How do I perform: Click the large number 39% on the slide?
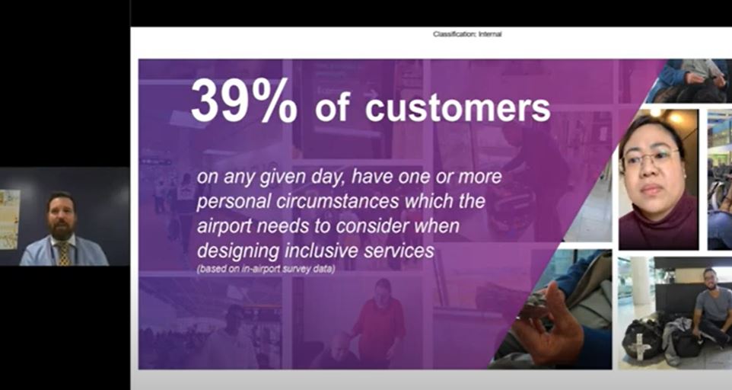coord(243,101)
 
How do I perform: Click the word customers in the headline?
coord(458,108)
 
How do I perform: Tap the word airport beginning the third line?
coord(224,226)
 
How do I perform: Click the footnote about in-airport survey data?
coord(266,270)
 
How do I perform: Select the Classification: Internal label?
coord(467,34)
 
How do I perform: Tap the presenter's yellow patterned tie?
coord(63,254)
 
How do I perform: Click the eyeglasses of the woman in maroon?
coord(651,158)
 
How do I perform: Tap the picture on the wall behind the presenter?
coord(10,219)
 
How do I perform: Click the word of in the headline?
coord(333,108)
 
